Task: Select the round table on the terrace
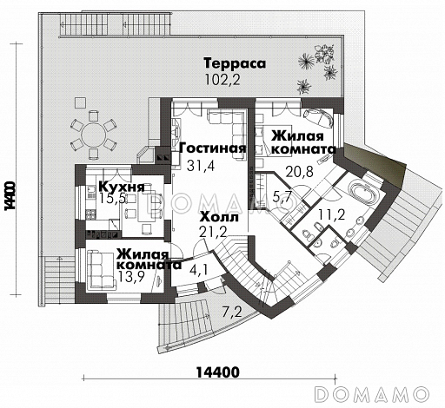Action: [x=92, y=135]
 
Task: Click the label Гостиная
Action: [x=212, y=148]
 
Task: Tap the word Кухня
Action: [x=120, y=187]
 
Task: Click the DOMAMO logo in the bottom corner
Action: [x=378, y=393]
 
